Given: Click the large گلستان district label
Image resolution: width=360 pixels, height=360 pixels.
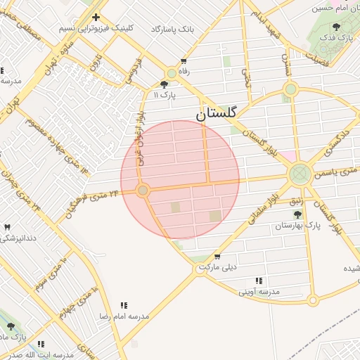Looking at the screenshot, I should tap(217, 112).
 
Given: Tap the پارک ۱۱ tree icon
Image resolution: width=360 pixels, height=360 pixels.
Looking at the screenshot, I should tap(165, 84).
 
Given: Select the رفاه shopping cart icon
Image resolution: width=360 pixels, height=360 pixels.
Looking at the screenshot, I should tap(184, 61).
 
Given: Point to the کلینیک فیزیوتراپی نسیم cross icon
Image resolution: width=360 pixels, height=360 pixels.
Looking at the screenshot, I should tap(96, 17).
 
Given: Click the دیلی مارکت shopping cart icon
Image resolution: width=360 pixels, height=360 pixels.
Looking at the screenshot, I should tap(217, 257).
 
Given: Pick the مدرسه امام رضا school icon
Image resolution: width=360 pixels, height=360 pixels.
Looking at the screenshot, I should tap(124, 305).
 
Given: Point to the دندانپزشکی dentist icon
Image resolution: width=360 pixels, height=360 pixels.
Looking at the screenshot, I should tap(8, 227).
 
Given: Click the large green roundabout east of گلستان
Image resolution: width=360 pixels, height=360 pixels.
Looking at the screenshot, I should tap(300, 172).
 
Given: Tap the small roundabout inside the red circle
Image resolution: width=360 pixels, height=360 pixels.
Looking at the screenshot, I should tap(143, 191).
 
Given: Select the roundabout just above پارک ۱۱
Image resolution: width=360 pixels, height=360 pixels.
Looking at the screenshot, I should tap(172, 73).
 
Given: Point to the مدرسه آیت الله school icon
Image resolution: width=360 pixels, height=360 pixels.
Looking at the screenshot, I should tap(41, 344).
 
